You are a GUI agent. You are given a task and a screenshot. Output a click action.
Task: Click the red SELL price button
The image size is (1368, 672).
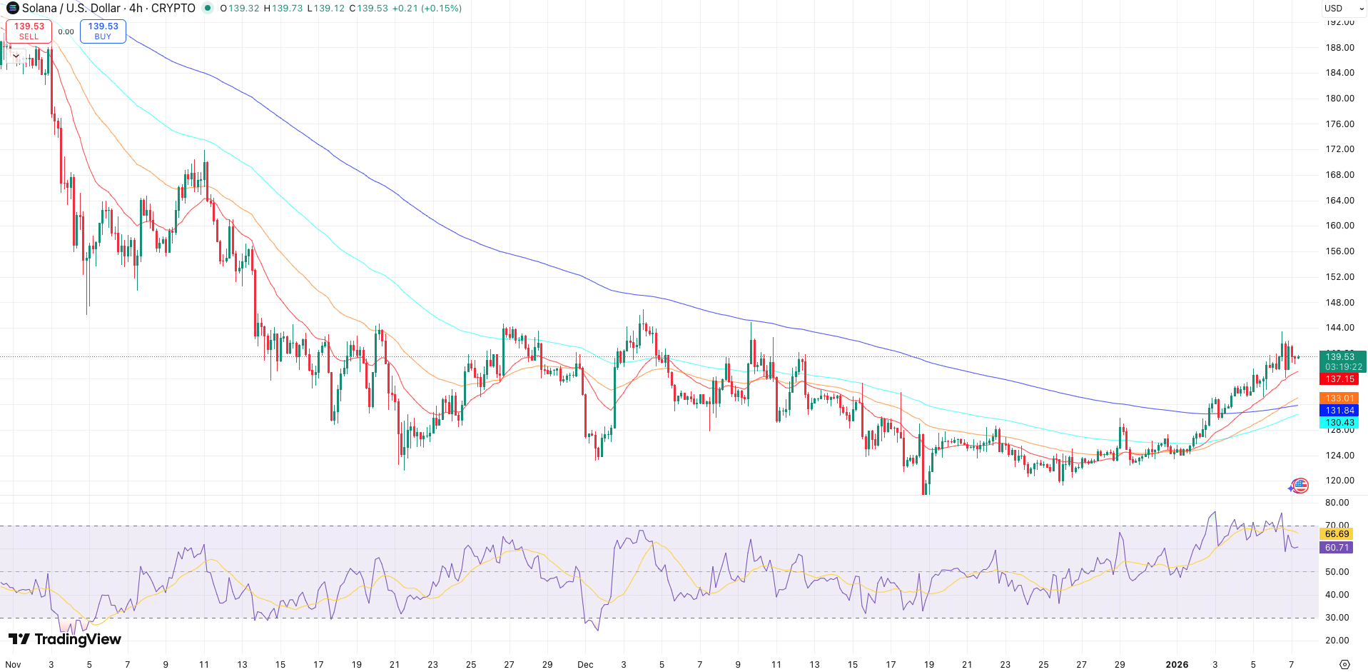pyautogui.click(x=29, y=31)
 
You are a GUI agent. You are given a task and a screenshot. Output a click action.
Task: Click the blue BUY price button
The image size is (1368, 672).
pyautogui.click(x=103, y=31)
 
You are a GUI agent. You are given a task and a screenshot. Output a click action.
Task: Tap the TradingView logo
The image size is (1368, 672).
pyautogui.click(x=65, y=639)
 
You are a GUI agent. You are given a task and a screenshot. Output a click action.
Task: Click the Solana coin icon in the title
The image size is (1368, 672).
pyautogui.click(x=12, y=8)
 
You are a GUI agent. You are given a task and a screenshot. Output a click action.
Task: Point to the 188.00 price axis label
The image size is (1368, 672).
pyautogui.click(x=1339, y=48)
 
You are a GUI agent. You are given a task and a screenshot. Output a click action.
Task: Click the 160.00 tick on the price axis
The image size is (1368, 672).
pyautogui.click(x=1339, y=226)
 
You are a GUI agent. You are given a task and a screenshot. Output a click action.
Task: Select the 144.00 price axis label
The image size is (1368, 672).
pyautogui.click(x=1339, y=328)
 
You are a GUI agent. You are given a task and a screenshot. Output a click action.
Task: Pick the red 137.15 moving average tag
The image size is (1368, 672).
pyautogui.click(x=1339, y=379)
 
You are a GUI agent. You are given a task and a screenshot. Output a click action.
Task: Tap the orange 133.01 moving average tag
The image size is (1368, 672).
pyautogui.click(x=1339, y=398)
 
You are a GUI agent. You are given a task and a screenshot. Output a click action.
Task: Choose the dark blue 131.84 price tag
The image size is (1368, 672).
pyautogui.click(x=1339, y=411)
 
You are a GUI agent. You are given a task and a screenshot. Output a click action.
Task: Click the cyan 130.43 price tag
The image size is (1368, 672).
pyautogui.click(x=1339, y=423)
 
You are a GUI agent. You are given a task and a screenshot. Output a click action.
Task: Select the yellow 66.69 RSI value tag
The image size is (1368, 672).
pyautogui.click(x=1337, y=534)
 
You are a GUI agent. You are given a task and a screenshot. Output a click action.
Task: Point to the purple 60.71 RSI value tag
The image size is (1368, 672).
pyautogui.click(x=1337, y=548)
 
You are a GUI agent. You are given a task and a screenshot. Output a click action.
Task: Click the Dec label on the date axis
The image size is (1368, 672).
pyautogui.click(x=585, y=664)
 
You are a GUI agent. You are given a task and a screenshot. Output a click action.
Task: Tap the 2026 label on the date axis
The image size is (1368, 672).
pyautogui.click(x=1177, y=664)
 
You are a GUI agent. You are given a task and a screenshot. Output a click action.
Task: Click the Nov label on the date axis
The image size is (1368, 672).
pyautogui.click(x=13, y=664)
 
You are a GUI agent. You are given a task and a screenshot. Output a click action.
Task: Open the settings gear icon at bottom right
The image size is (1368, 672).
pyautogui.click(x=1344, y=664)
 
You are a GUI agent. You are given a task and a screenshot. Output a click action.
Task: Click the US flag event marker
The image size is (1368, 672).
pyautogui.click(x=1300, y=486)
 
